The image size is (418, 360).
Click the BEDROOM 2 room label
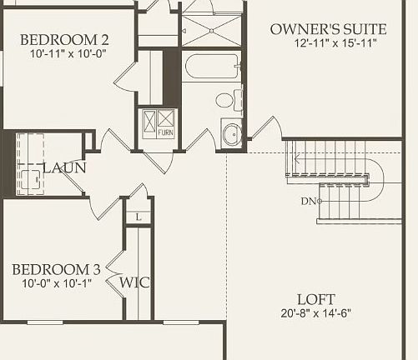click(x=64, y=39)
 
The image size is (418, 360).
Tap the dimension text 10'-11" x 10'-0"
click(x=64, y=53)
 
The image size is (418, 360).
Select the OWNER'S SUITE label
click(x=328, y=29)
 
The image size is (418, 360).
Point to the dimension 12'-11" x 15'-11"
click(x=328, y=43)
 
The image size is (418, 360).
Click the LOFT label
click(x=316, y=299)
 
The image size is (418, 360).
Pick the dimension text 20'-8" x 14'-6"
click(x=316, y=314)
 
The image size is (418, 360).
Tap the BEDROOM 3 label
click(x=56, y=269)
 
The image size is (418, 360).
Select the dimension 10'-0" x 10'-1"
click(x=55, y=283)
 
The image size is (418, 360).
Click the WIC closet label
click(x=134, y=282)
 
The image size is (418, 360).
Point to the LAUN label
click(x=64, y=167)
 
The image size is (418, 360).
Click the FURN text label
click(x=165, y=132)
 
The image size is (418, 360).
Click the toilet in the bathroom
click(x=224, y=101)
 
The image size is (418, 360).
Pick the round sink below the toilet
click(x=231, y=132)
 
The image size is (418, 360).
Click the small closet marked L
click(x=138, y=217)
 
